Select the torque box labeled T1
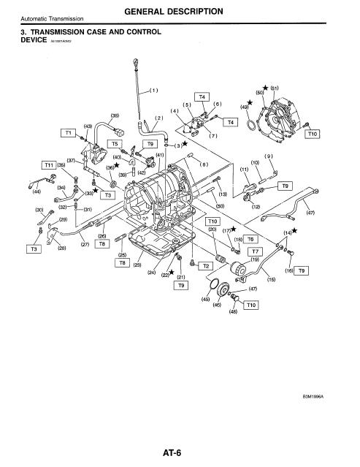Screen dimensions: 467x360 click(x=69, y=133)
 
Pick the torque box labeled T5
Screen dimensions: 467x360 click(x=114, y=144)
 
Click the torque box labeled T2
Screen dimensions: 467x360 click(x=206, y=265)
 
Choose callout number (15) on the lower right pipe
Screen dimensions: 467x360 click(x=271, y=278)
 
